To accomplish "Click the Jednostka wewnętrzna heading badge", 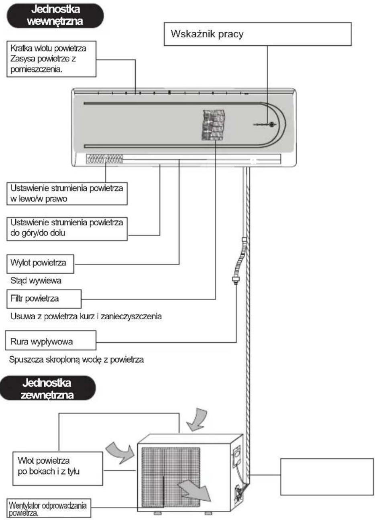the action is [55, 16].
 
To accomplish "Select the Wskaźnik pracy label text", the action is [207, 34].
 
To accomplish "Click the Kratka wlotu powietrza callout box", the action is [51, 59].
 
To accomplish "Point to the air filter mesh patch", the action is [213, 125].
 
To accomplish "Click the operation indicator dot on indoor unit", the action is [271, 124].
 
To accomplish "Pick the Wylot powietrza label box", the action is [40, 264].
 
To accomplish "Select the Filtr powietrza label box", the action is [44, 299].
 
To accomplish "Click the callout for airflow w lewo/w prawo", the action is [67, 194].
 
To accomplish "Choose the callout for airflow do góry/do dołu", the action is [67, 229].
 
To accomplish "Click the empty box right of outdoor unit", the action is [327, 477].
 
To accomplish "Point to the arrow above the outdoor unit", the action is [197, 419].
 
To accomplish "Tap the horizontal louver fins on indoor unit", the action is [104, 159].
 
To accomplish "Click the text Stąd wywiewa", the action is [36, 281].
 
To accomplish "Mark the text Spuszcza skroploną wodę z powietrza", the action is [76, 360].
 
